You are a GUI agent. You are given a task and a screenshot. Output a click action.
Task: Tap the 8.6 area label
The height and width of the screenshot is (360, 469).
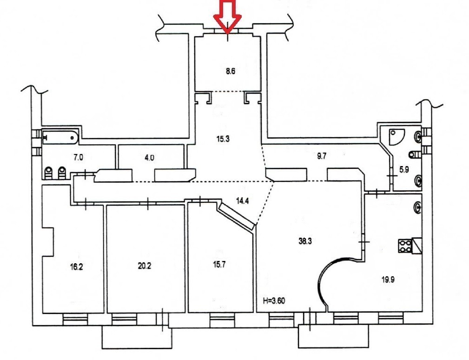(230, 72)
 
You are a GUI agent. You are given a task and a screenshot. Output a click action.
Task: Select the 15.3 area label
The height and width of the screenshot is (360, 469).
(223, 139)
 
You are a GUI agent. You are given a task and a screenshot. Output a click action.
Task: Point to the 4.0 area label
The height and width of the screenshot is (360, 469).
(149, 157)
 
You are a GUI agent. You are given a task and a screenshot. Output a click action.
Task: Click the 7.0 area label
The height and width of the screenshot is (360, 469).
(78, 157)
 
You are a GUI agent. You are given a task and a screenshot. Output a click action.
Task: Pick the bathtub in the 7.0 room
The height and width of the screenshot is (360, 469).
(60, 137)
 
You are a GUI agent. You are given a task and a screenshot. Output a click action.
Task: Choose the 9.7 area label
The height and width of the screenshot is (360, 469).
(321, 156)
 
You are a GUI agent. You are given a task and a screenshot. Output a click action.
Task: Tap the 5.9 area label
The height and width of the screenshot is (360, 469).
(404, 170)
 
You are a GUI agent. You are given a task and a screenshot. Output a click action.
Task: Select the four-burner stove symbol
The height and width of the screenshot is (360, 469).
(405, 246)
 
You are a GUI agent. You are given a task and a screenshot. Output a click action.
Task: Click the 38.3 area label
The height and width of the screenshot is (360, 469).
(305, 241)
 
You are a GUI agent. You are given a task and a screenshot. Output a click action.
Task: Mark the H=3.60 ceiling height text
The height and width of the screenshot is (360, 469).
(274, 300)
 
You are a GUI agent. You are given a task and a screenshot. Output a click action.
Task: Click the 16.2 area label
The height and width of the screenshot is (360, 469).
(76, 267)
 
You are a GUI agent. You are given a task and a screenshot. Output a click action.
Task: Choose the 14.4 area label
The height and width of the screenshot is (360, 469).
(242, 201)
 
